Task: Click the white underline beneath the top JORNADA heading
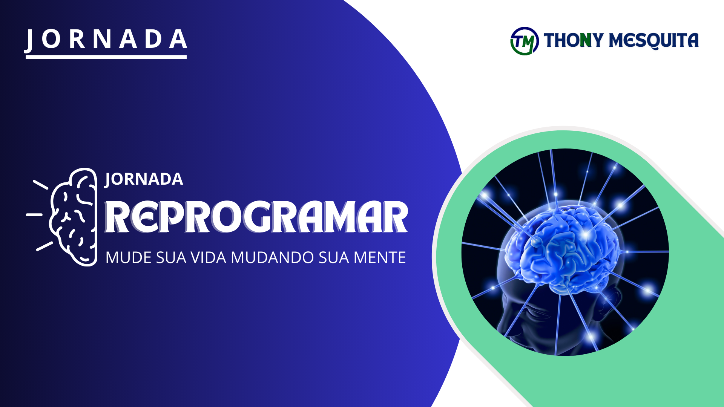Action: point(106,57)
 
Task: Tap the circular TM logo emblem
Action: point(524,41)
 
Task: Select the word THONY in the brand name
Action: point(574,40)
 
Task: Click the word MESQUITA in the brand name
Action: point(654,40)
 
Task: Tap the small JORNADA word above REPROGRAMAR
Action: point(144,179)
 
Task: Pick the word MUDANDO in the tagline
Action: point(272,258)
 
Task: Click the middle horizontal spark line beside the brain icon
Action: point(34,214)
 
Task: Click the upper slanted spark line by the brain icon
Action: point(40,184)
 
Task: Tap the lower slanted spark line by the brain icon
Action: point(44,246)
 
